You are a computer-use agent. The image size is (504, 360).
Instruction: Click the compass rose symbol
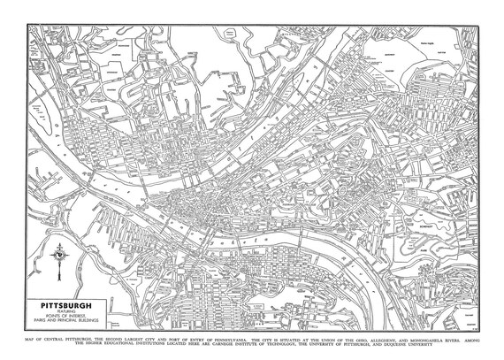tap(59, 255)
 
